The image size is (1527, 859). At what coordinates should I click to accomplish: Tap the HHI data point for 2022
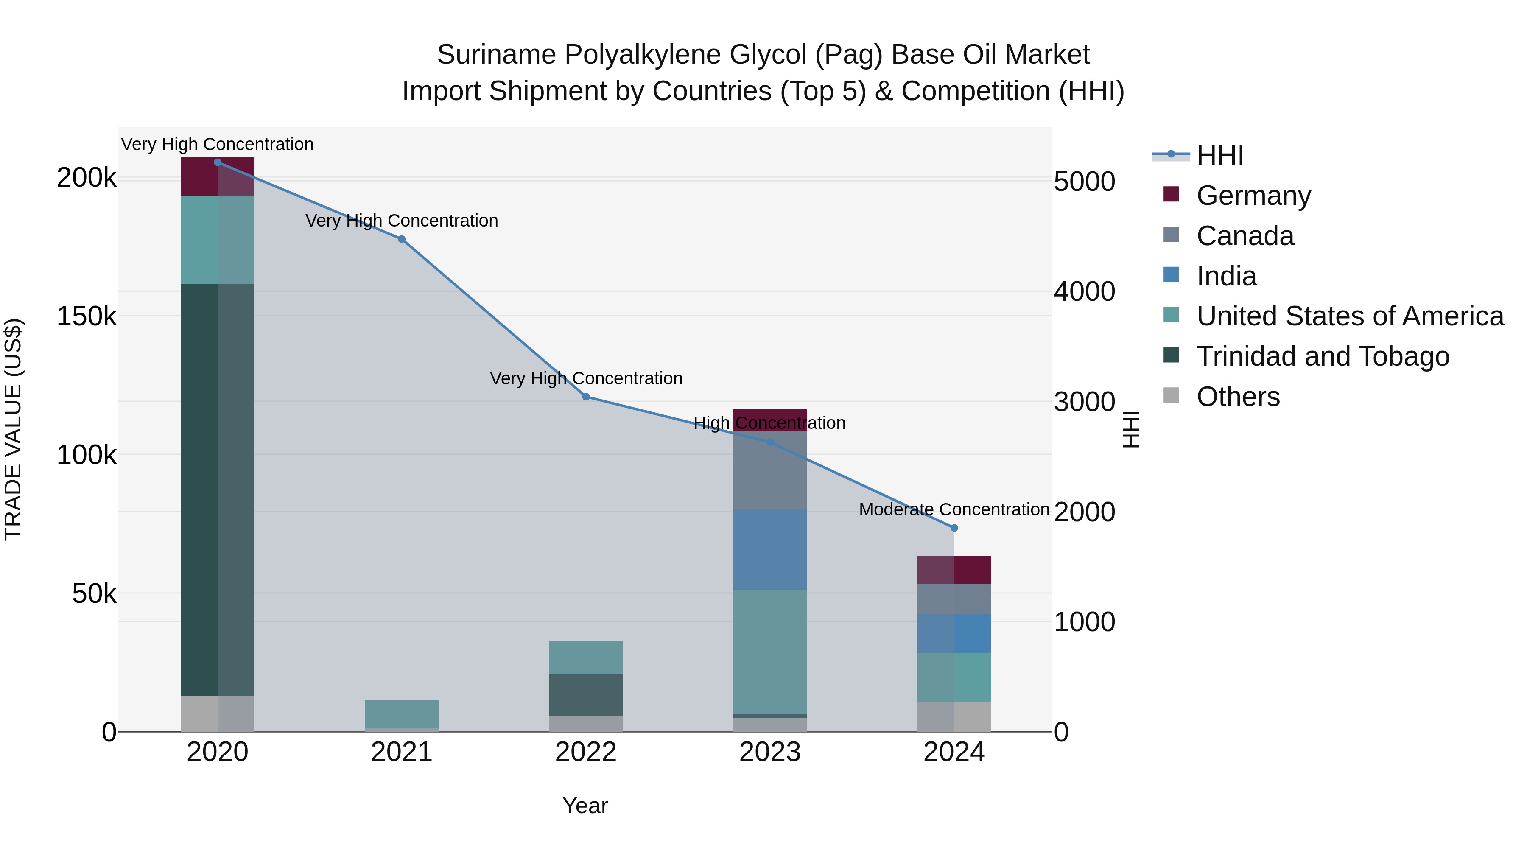586,397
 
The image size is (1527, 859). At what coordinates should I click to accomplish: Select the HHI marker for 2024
954,528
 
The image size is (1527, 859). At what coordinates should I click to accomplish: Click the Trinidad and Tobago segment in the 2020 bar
217,489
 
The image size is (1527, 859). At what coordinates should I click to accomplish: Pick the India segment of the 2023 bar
769,549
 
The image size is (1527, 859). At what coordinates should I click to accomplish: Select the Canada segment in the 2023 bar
769,470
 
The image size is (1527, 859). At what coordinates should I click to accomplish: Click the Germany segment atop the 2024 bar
954,570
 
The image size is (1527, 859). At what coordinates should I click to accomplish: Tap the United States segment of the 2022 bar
586,657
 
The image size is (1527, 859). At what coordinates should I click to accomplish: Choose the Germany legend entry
1253,196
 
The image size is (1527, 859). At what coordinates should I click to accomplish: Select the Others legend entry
1238,397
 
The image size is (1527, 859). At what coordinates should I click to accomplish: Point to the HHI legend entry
1219,155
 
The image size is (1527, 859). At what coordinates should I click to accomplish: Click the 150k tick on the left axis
87,316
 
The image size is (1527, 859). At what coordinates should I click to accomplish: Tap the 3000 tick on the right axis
1084,402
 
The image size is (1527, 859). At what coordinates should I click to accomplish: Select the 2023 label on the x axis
769,752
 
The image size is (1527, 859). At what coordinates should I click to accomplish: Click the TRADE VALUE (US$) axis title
13,429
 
